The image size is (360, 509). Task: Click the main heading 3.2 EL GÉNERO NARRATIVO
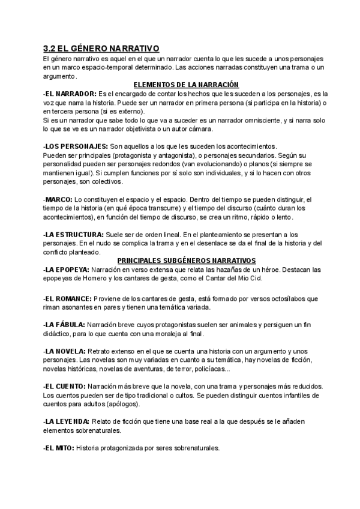tap(101, 49)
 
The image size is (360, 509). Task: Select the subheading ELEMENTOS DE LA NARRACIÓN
tap(186, 85)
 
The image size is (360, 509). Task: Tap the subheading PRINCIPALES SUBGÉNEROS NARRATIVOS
tap(186, 260)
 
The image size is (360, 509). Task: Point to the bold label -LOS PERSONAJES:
tap(76, 146)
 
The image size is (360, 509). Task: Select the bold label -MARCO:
tap(58, 199)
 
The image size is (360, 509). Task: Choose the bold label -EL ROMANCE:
tap(68, 298)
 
